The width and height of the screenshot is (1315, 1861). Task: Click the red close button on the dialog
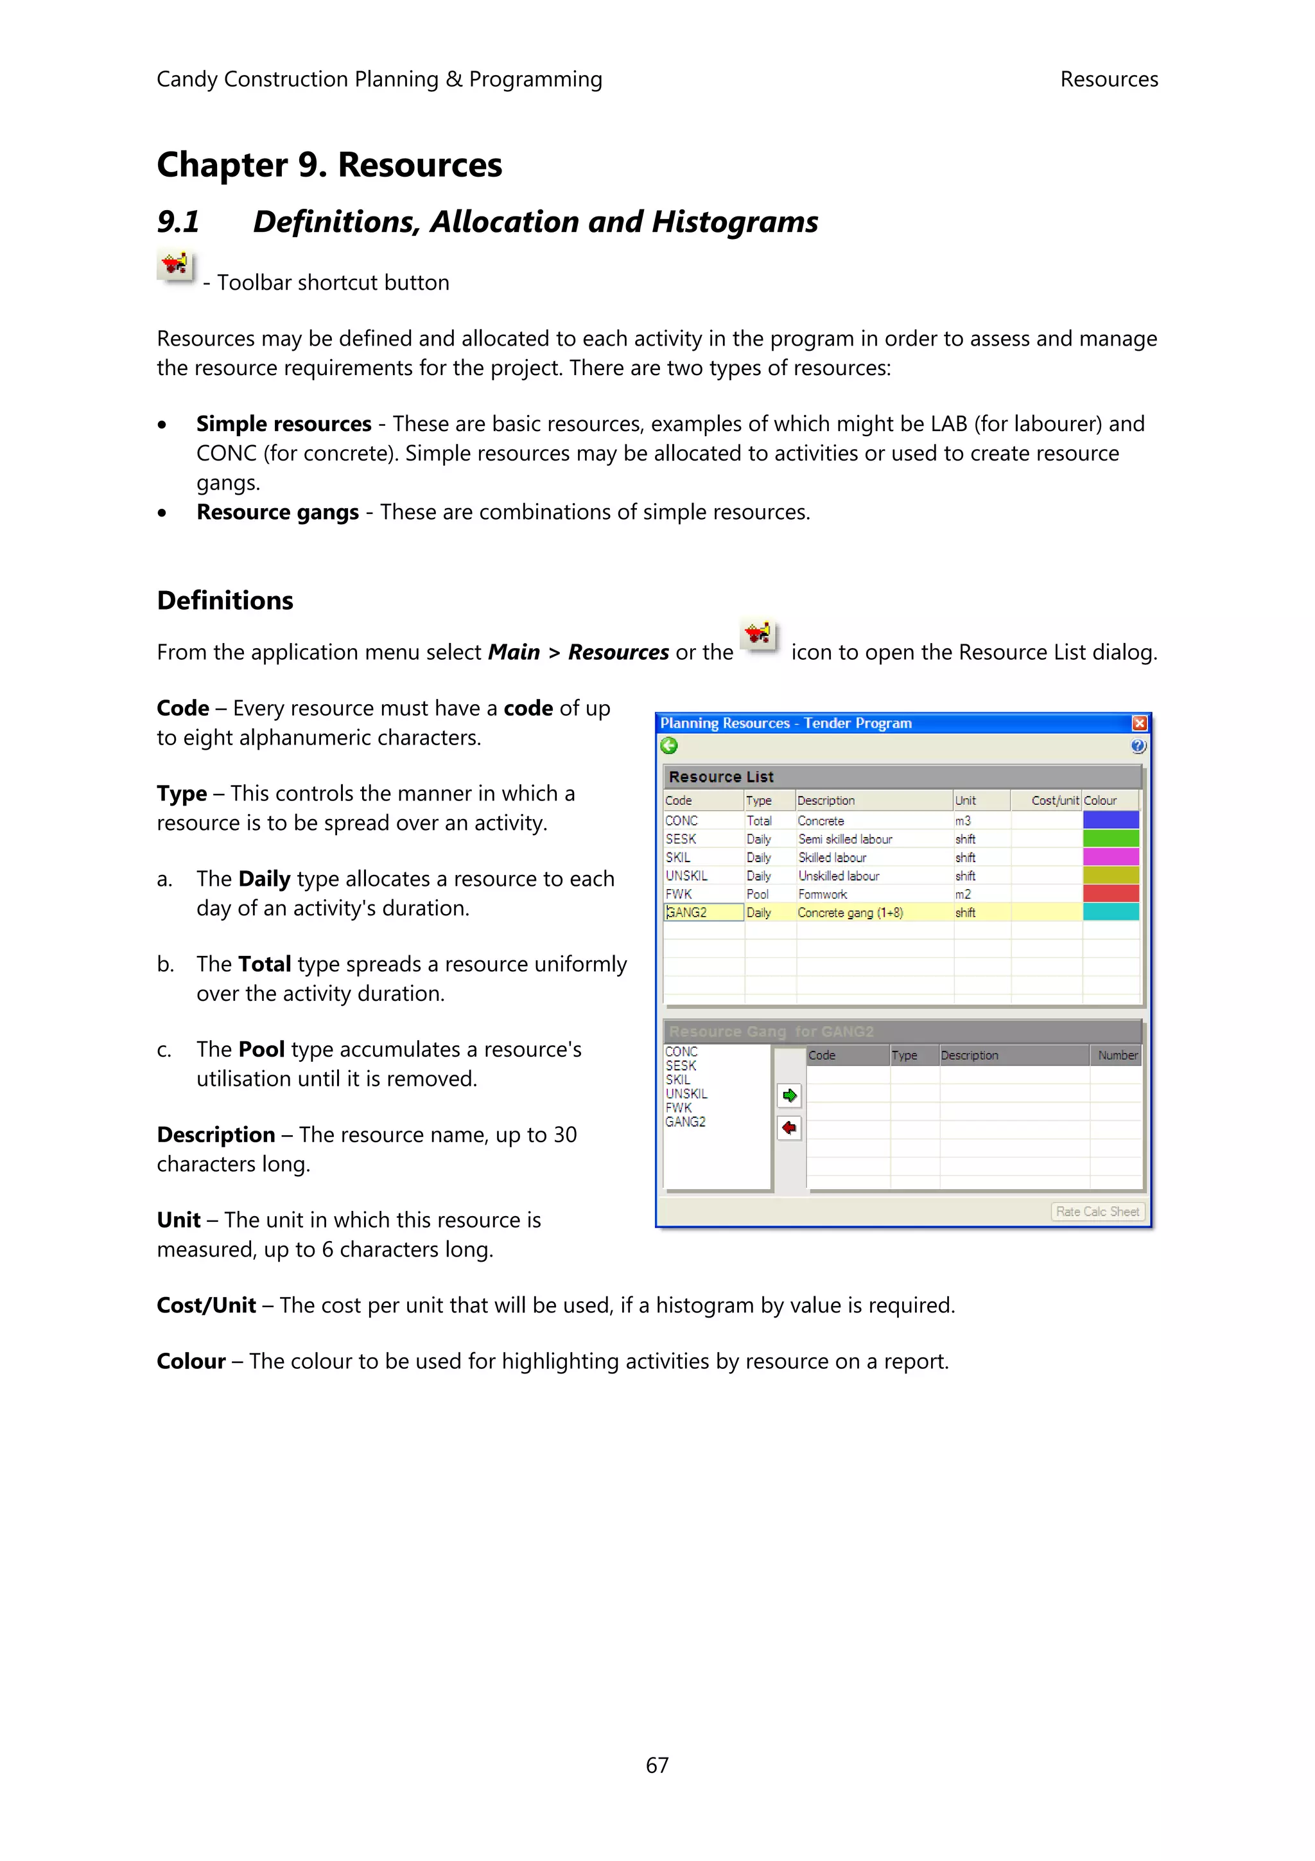1139,723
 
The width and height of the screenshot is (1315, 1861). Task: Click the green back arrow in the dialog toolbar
669,746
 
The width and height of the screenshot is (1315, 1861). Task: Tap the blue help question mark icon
1138,746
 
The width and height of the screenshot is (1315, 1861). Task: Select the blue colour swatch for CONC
1111,820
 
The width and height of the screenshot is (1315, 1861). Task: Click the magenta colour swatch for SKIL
1111,858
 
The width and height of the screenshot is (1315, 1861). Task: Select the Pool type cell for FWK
758,894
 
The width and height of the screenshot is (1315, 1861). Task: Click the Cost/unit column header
1054,800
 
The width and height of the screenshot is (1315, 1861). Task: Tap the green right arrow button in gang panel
790,1096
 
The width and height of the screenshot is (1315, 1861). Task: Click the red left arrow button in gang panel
790,1127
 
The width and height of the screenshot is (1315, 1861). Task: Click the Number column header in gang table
1117,1055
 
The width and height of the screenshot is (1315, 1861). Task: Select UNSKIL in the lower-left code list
686,1093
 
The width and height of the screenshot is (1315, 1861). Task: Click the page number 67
657,1765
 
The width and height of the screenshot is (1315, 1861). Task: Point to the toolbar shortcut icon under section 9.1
174,265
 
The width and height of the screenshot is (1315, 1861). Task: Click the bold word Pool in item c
261,1050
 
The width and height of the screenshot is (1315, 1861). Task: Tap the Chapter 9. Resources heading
329,165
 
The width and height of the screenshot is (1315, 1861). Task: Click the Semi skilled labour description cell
845,839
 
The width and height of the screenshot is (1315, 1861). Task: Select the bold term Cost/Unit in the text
206,1305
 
